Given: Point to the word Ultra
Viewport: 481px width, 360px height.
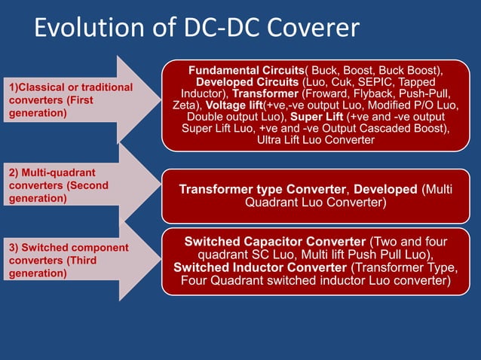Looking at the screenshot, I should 270,140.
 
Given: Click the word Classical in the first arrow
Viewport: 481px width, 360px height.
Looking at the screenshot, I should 42,87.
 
